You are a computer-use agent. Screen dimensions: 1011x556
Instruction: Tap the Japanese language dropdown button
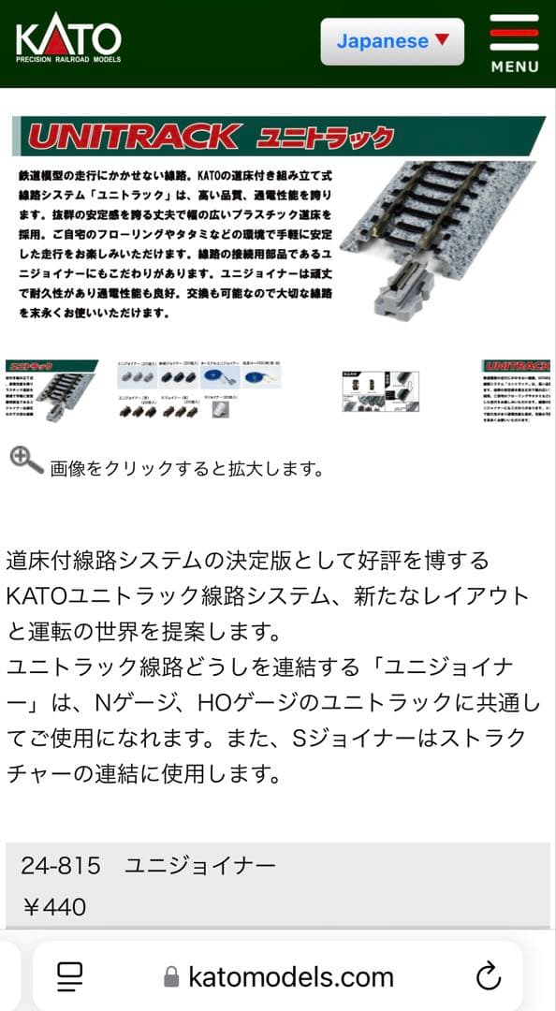tap(392, 41)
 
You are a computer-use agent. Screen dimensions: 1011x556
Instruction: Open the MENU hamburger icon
tap(514, 43)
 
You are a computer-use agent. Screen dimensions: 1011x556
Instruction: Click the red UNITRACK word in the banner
tap(132, 138)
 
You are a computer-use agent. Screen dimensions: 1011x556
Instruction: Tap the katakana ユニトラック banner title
tap(325, 139)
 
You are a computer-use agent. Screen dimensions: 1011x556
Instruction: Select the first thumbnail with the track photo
tap(51, 391)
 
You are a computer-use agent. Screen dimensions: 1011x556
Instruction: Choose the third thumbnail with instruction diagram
tap(380, 391)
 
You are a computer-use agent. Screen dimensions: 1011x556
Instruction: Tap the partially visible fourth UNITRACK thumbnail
tap(518, 391)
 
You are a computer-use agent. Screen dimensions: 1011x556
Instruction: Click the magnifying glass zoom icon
tap(26, 461)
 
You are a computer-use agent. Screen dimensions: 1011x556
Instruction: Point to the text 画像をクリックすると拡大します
tap(187, 469)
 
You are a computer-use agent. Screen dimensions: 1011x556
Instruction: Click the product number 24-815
tap(60, 866)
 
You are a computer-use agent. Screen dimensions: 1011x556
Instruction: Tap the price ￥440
tap(53, 906)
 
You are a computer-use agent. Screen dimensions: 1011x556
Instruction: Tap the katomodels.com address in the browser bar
tap(291, 977)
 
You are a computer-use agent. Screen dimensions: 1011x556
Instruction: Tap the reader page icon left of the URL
tap(70, 976)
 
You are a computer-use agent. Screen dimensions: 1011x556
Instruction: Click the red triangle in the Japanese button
tap(443, 40)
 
